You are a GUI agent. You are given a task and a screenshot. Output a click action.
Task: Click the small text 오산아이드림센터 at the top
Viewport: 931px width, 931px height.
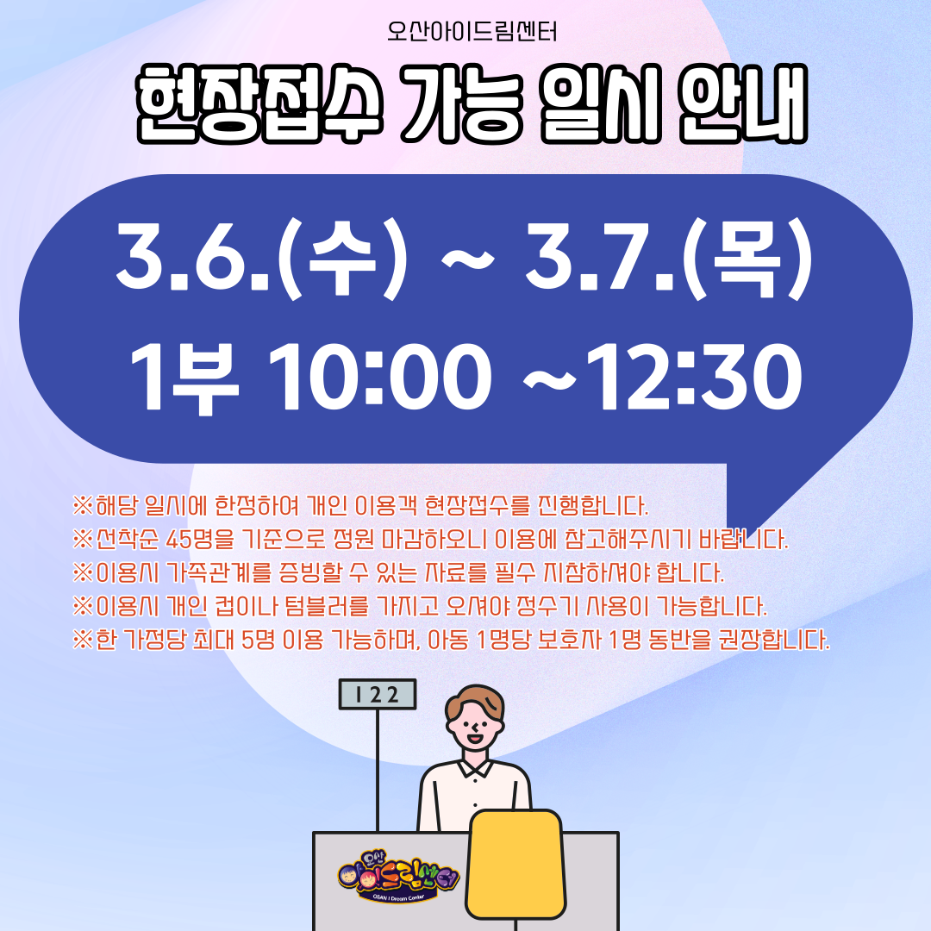pyautogui.click(x=472, y=32)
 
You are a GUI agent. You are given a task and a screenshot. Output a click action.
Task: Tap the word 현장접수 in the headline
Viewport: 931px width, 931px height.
pyautogui.click(x=259, y=103)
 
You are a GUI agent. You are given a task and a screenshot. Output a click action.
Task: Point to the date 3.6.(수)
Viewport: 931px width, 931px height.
pyautogui.click(x=262, y=259)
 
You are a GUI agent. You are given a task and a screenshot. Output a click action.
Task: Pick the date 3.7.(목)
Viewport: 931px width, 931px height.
pyautogui.click(x=669, y=259)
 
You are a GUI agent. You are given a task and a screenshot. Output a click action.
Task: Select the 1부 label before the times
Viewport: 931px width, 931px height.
pyautogui.click(x=184, y=378)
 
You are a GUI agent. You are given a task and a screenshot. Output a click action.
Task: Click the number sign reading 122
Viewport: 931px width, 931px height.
pyautogui.click(x=378, y=694)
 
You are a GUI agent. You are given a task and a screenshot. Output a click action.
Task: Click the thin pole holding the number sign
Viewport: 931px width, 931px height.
pyautogui.click(x=377, y=770)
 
